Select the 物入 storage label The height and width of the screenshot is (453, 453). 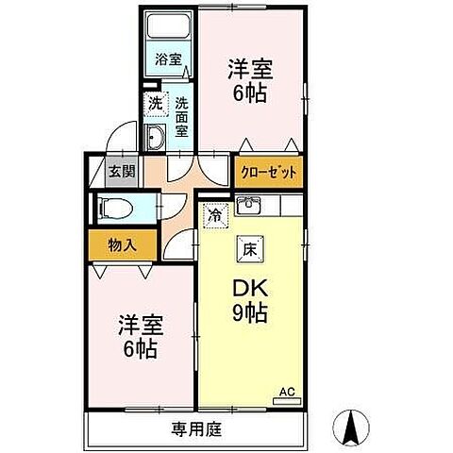click(123, 244)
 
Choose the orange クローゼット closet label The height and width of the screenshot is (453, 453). click(268, 173)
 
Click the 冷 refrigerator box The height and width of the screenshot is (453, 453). click(216, 214)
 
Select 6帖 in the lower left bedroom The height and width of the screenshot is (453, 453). click(141, 348)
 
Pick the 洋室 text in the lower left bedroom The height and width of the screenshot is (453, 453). click(141, 324)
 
